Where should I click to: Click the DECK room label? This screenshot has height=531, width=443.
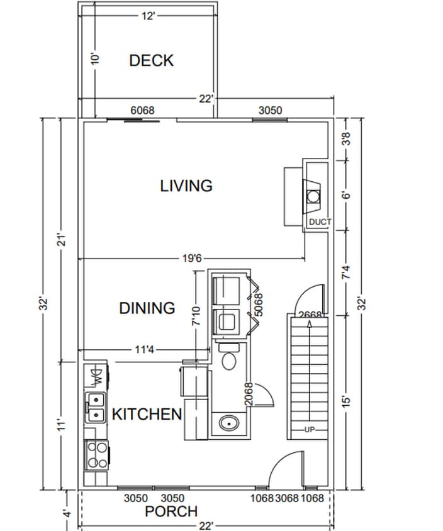pos(151,60)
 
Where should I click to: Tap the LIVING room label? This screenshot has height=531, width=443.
pos(186,186)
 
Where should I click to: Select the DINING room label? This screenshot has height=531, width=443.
pos(147,308)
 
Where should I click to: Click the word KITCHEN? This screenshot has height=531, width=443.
pos(147,414)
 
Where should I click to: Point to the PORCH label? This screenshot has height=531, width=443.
pos(171,511)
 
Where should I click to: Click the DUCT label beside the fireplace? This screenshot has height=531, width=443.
pos(320,223)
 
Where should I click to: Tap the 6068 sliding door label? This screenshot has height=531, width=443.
pos(142,110)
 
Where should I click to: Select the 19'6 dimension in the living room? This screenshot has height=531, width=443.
pos(190,258)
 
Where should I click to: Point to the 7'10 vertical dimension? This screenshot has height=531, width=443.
pos(196,315)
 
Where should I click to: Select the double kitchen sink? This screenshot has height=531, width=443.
pos(96,407)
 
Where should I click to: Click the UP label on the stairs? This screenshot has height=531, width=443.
pos(309,430)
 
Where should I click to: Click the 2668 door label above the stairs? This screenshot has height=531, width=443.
pos(310,315)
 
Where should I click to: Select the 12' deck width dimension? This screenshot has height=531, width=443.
pos(148,16)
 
